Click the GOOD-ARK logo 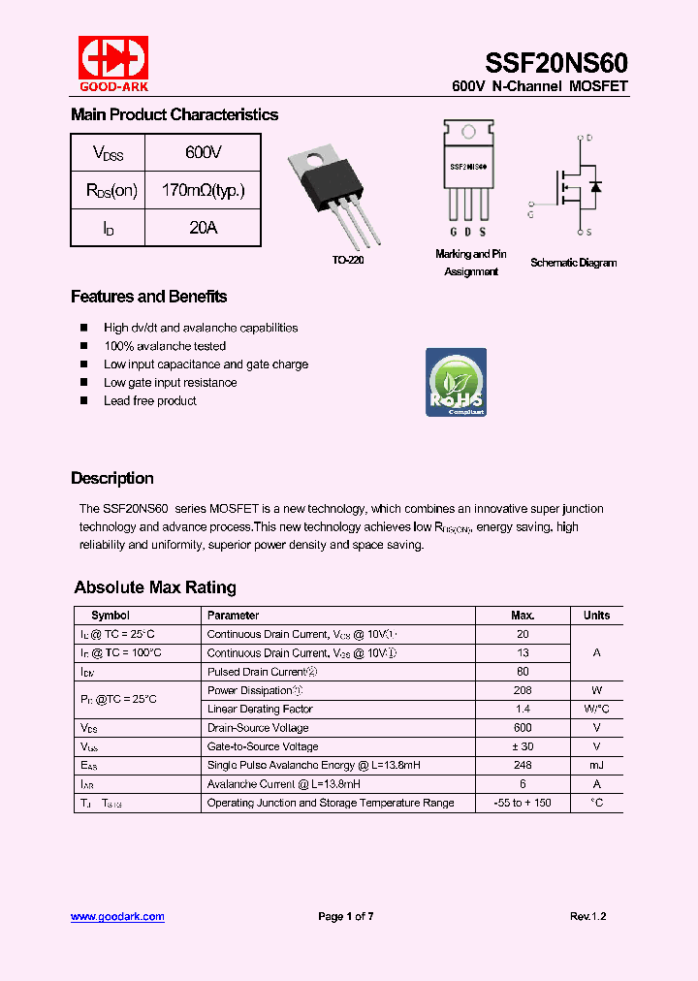tap(112, 63)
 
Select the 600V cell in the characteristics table tap(203, 152)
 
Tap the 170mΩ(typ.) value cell tap(203, 190)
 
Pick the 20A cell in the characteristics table tap(203, 228)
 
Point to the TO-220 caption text tap(348, 261)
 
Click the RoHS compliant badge tap(456, 382)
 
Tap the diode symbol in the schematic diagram tap(595, 185)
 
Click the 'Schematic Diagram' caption tap(573, 263)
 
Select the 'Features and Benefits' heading tap(148, 297)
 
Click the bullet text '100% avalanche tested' tap(165, 346)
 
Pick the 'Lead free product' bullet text tap(150, 400)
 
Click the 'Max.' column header tap(523, 616)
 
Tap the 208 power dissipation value tap(523, 690)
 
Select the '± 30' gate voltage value tap(523, 746)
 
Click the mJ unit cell tap(596, 765)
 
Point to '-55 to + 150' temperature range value tap(523, 803)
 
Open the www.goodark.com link tap(117, 916)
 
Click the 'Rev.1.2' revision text tap(587, 916)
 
